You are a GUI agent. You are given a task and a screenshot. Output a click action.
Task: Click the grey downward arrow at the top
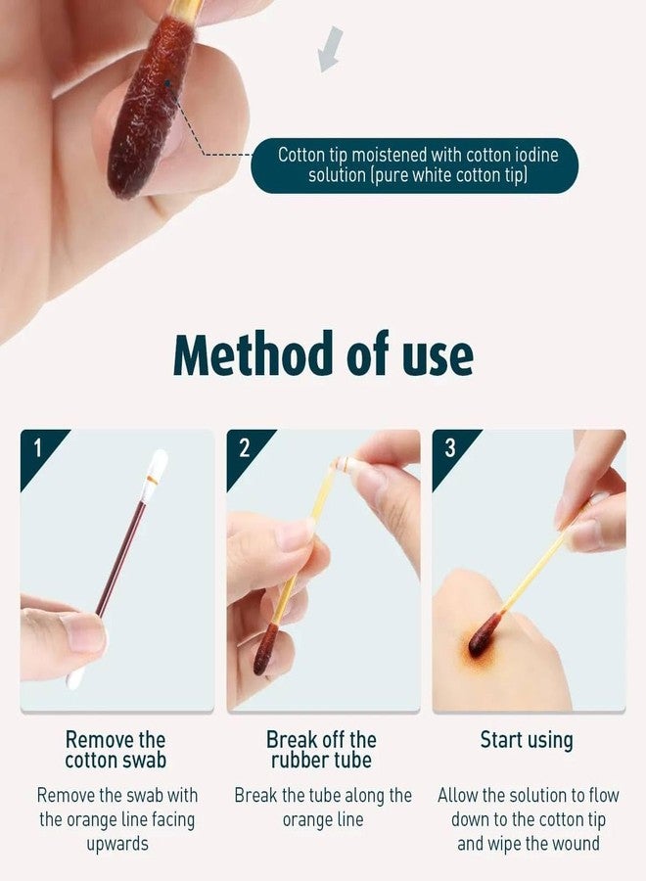click(330, 50)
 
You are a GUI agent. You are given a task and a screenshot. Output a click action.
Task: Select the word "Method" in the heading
click(253, 354)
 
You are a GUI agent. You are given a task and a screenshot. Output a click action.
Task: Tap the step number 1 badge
click(37, 448)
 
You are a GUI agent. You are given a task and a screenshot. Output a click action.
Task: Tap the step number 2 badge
click(244, 448)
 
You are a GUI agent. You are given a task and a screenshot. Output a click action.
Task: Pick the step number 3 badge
click(450, 448)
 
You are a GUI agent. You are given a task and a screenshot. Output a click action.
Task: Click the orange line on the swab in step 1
click(153, 480)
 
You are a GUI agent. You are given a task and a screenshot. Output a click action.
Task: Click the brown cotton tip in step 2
click(265, 649)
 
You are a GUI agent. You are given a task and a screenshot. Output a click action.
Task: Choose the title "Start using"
click(527, 741)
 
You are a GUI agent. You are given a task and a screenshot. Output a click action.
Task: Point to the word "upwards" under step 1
click(117, 845)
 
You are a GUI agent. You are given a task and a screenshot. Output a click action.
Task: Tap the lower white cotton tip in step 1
click(74, 677)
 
